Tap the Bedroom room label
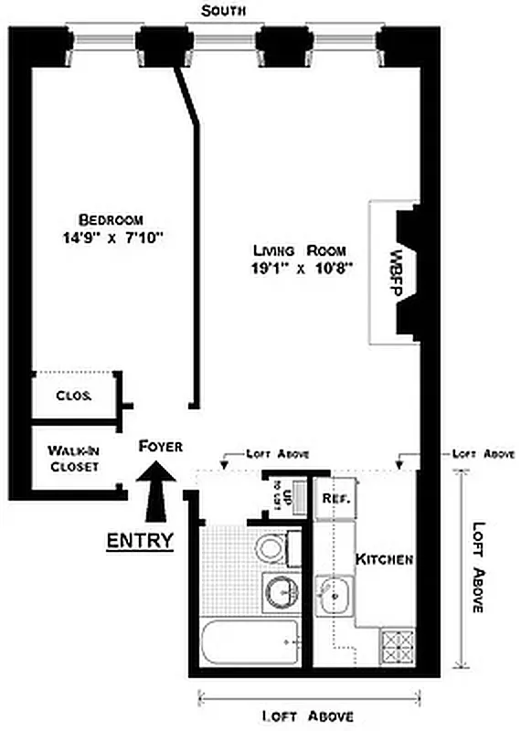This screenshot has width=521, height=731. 111,220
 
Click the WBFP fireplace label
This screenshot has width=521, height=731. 397,271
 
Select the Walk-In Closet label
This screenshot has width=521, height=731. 72,458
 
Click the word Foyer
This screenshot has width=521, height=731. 161,446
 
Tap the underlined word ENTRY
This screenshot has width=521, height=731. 140,540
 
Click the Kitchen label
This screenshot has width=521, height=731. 385,558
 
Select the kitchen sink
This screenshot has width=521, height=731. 335,597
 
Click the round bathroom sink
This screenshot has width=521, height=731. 280,592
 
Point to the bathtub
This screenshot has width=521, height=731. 249,644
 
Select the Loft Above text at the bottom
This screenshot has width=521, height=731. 307,715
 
